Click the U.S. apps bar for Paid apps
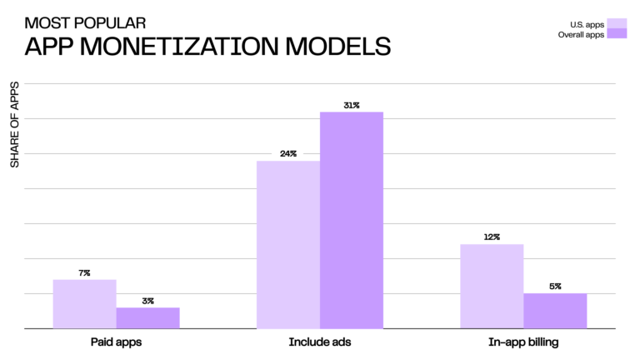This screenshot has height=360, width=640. pyautogui.click(x=84, y=304)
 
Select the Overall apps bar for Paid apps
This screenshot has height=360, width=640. pyautogui.click(x=147, y=318)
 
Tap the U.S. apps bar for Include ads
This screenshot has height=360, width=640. pyautogui.click(x=287, y=245)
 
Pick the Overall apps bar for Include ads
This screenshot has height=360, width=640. pyautogui.click(x=351, y=220)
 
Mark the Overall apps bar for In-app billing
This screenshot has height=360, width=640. pyautogui.click(x=555, y=311)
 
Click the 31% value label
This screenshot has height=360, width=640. pyautogui.click(x=351, y=105)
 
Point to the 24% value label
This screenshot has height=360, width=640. pyautogui.click(x=288, y=154)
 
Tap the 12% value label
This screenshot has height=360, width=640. pyautogui.click(x=492, y=237)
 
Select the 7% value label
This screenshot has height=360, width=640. pyautogui.click(x=84, y=272)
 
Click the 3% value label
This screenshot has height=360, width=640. pyautogui.click(x=147, y=301)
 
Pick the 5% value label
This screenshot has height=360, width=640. pyautogui.click(x=555, y=287)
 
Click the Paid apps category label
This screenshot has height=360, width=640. pyautogui.click(x=116, y=342)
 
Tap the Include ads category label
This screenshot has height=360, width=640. pyautogui.click(x=320, y=342)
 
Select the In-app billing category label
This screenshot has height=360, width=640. pyautogui.click(x=523, y=342)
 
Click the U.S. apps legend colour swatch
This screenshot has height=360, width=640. pyautogui.click(x=617, y=23)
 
